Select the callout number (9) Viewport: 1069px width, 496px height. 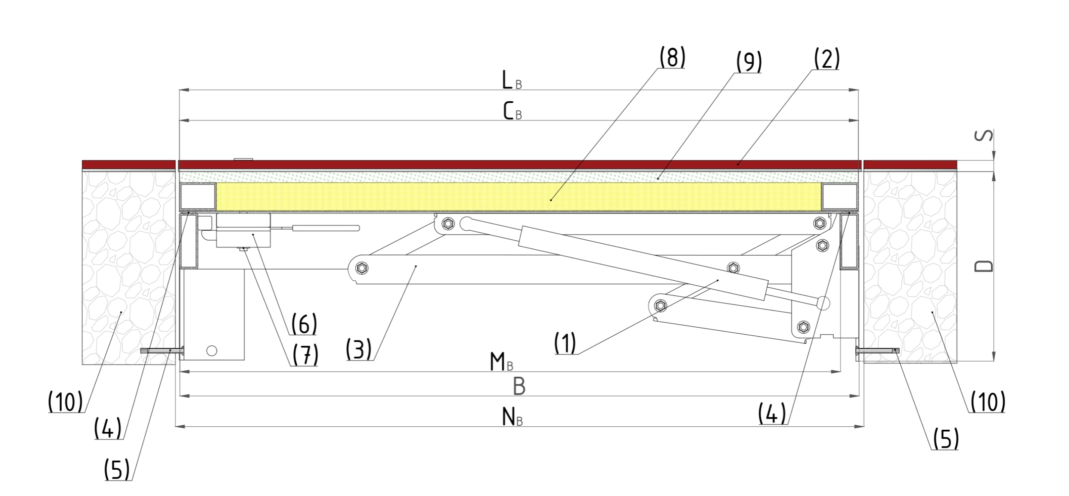coord(749,62)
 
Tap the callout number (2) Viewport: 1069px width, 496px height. coord(827,59)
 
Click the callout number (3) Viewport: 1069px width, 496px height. coord(358,349)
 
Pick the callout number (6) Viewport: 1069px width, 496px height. coord(304,324)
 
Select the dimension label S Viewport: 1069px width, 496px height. coord(983,135)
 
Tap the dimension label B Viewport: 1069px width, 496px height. coord(519,387)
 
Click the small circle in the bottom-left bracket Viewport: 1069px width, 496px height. coord(211,351)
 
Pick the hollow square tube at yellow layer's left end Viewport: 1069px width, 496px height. coord(198,196)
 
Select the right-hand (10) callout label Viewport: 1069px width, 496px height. coord(988,402)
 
